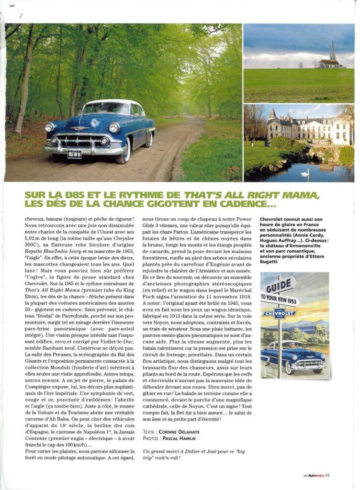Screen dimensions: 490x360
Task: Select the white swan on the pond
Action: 304,173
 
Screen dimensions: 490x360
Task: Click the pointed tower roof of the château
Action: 272,113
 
